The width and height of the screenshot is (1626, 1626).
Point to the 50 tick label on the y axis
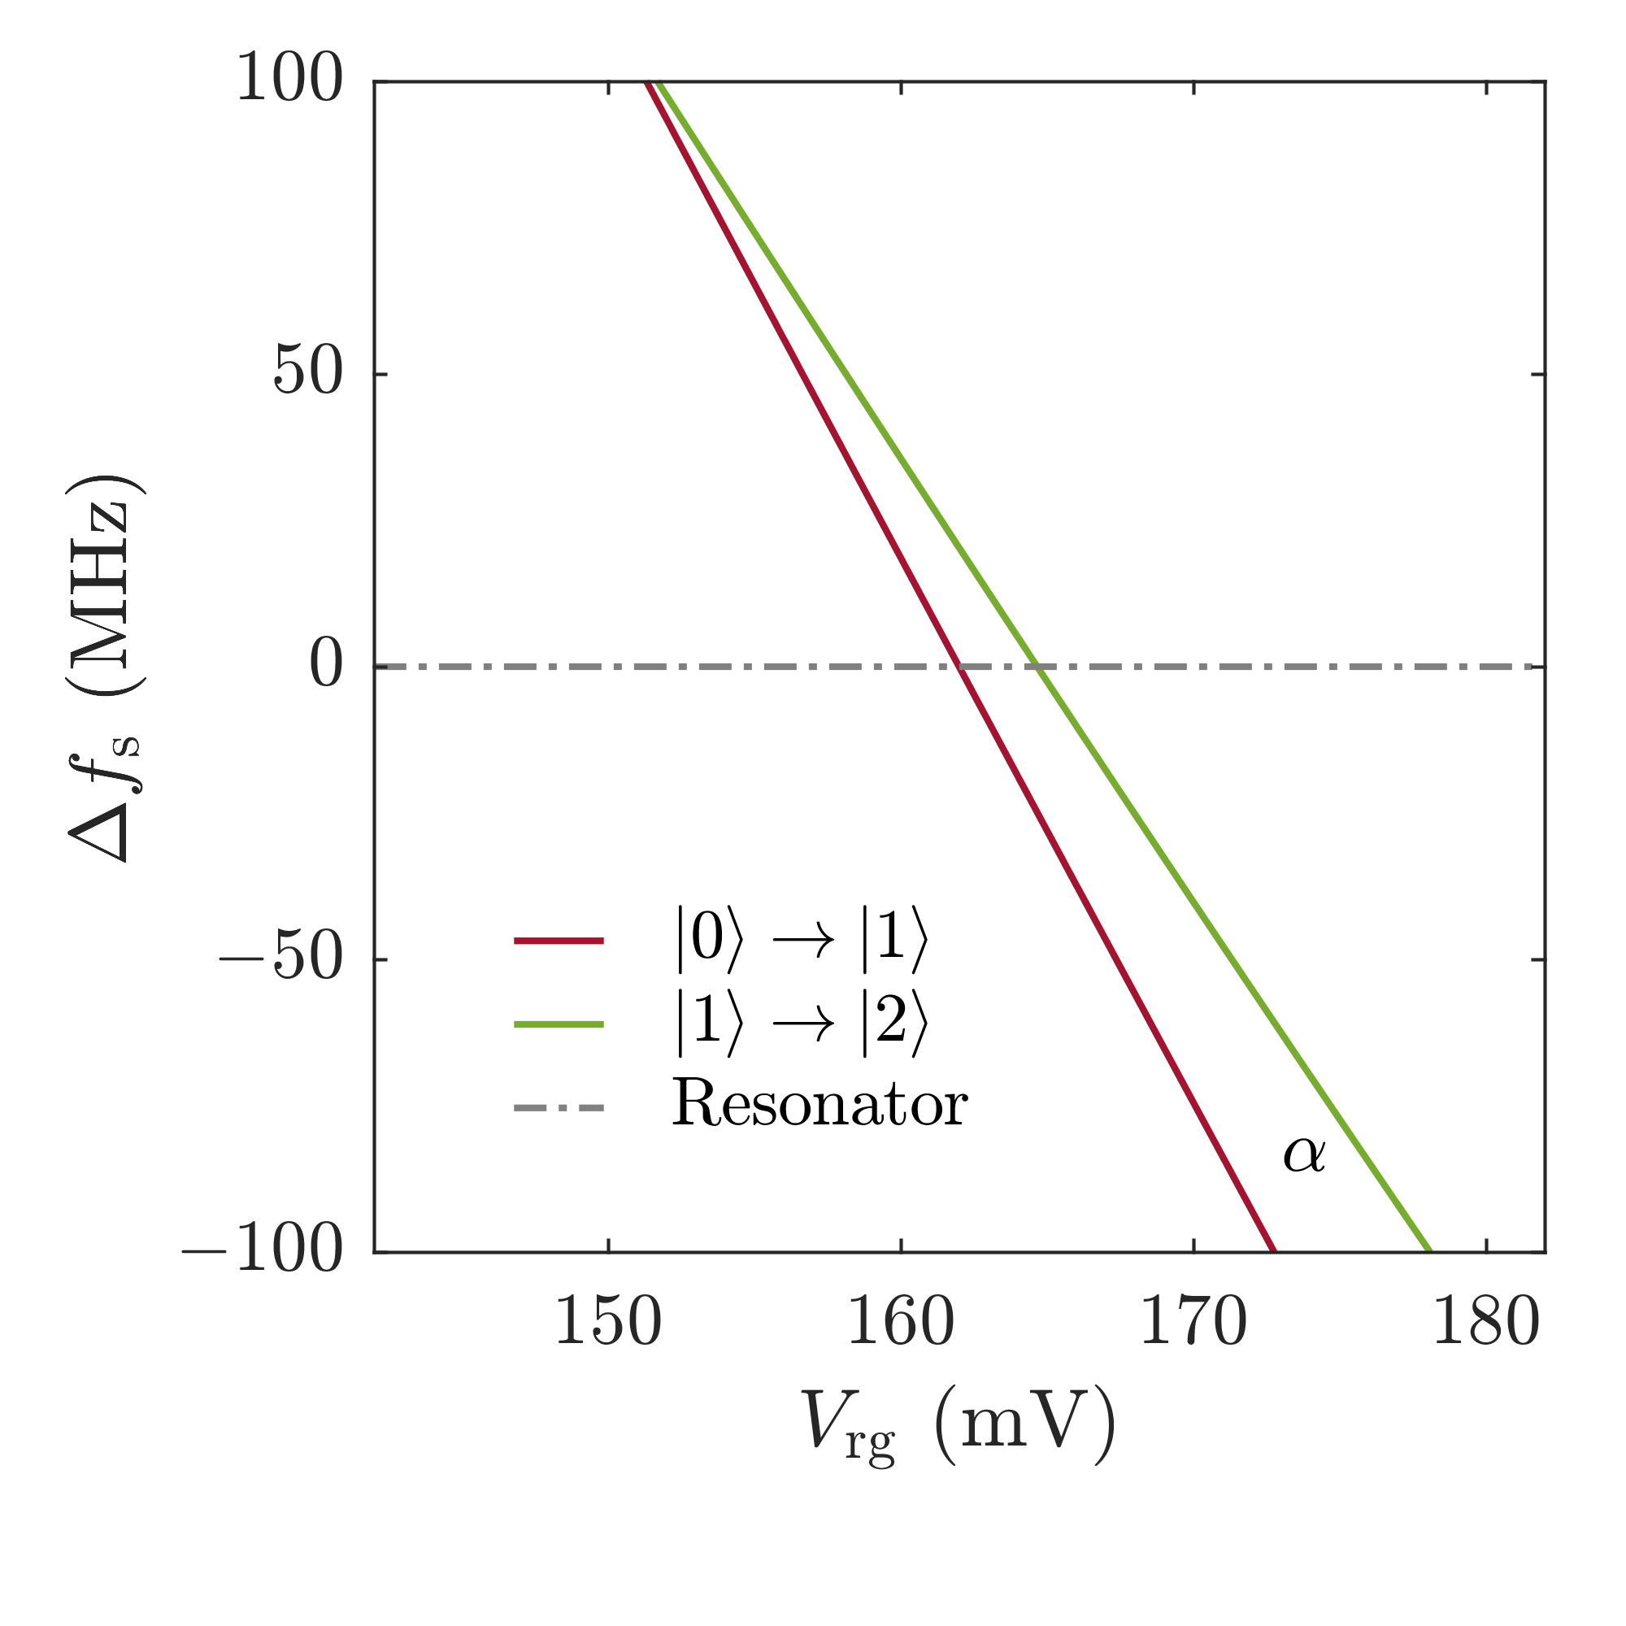click(309, 372)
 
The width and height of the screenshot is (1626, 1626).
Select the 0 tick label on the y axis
click(327, 666)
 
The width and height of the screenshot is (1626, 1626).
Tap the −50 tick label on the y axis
click(281, 958)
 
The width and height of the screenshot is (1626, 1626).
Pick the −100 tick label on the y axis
click(263, 1250)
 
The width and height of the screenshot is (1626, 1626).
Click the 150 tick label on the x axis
click(607, 1322)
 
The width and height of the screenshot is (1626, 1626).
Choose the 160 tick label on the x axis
click(901, 1322)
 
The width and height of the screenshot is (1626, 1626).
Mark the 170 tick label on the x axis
click(1193, 1322)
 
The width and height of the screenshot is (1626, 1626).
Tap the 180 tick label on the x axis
click(1485, 1322)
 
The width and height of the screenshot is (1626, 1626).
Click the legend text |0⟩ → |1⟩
click(802, 940)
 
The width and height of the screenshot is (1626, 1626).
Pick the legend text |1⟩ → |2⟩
click(802, 1024)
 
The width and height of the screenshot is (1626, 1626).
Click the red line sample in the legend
click(559, 941)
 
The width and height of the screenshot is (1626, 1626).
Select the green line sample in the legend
click(559, 1024)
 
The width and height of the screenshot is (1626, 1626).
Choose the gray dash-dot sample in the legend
click(559, 1107)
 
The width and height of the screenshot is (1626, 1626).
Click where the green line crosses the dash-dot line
click(1039, 667)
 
